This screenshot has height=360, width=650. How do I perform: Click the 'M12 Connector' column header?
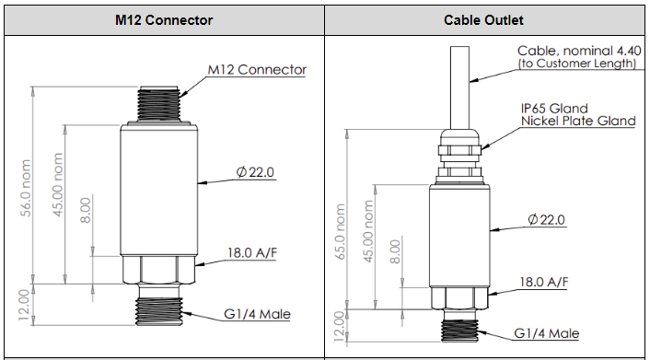164,20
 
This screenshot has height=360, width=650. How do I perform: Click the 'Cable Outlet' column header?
483,20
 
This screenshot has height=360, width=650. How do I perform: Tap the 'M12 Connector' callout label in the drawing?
257,70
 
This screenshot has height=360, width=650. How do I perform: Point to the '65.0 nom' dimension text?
340,231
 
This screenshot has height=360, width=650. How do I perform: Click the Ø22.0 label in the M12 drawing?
255,171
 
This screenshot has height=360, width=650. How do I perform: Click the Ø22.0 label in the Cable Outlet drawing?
546,219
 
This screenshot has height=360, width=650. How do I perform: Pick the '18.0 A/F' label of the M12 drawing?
251,253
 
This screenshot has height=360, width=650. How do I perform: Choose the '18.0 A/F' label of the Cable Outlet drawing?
544,283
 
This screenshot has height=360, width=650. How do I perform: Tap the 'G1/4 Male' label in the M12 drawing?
257,314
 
